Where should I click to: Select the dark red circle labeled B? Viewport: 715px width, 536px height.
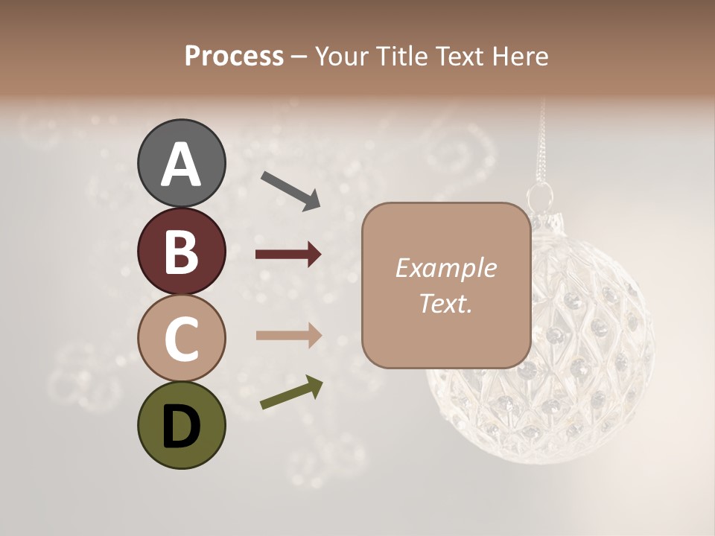point(181,252)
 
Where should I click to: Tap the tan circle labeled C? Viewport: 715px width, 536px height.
point(181,339)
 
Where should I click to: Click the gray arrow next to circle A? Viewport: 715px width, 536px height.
point(290,190)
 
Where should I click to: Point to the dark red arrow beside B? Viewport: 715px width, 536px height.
point(288,255)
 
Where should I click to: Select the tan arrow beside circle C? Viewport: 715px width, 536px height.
point(288,335)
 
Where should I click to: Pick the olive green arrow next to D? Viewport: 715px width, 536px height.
point(291,392)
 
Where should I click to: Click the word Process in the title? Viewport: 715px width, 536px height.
point(234,57)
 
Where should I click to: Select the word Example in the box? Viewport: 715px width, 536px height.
point(445,268)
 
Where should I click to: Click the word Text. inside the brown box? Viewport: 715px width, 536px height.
point(445,303)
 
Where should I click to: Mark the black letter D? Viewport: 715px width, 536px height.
point(181,427)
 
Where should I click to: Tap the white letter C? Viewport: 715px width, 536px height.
point(181,339)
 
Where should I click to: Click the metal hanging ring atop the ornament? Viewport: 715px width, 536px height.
point(540,197)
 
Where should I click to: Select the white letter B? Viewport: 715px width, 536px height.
point(181,252)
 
